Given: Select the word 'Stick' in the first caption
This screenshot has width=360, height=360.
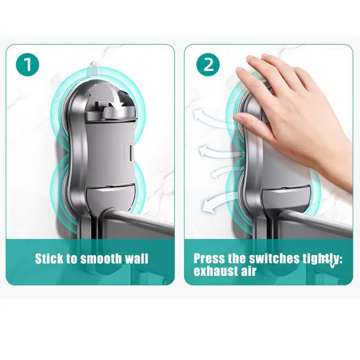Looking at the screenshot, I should click(49, 259).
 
